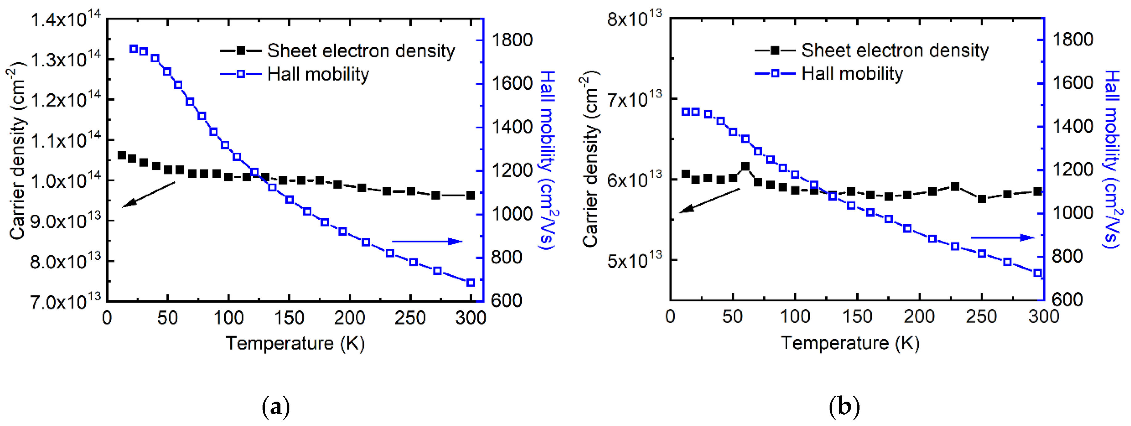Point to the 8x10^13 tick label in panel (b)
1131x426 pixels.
(634, 20)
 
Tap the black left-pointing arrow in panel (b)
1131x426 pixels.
(709, 201)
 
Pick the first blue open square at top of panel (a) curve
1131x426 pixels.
(134, 49)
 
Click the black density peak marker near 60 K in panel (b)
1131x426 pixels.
(745, 167)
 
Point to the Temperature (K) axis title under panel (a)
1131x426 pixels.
(295, 343)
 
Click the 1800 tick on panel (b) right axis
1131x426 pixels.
(1073, 39)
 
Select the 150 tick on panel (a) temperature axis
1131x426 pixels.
(289, 317)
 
